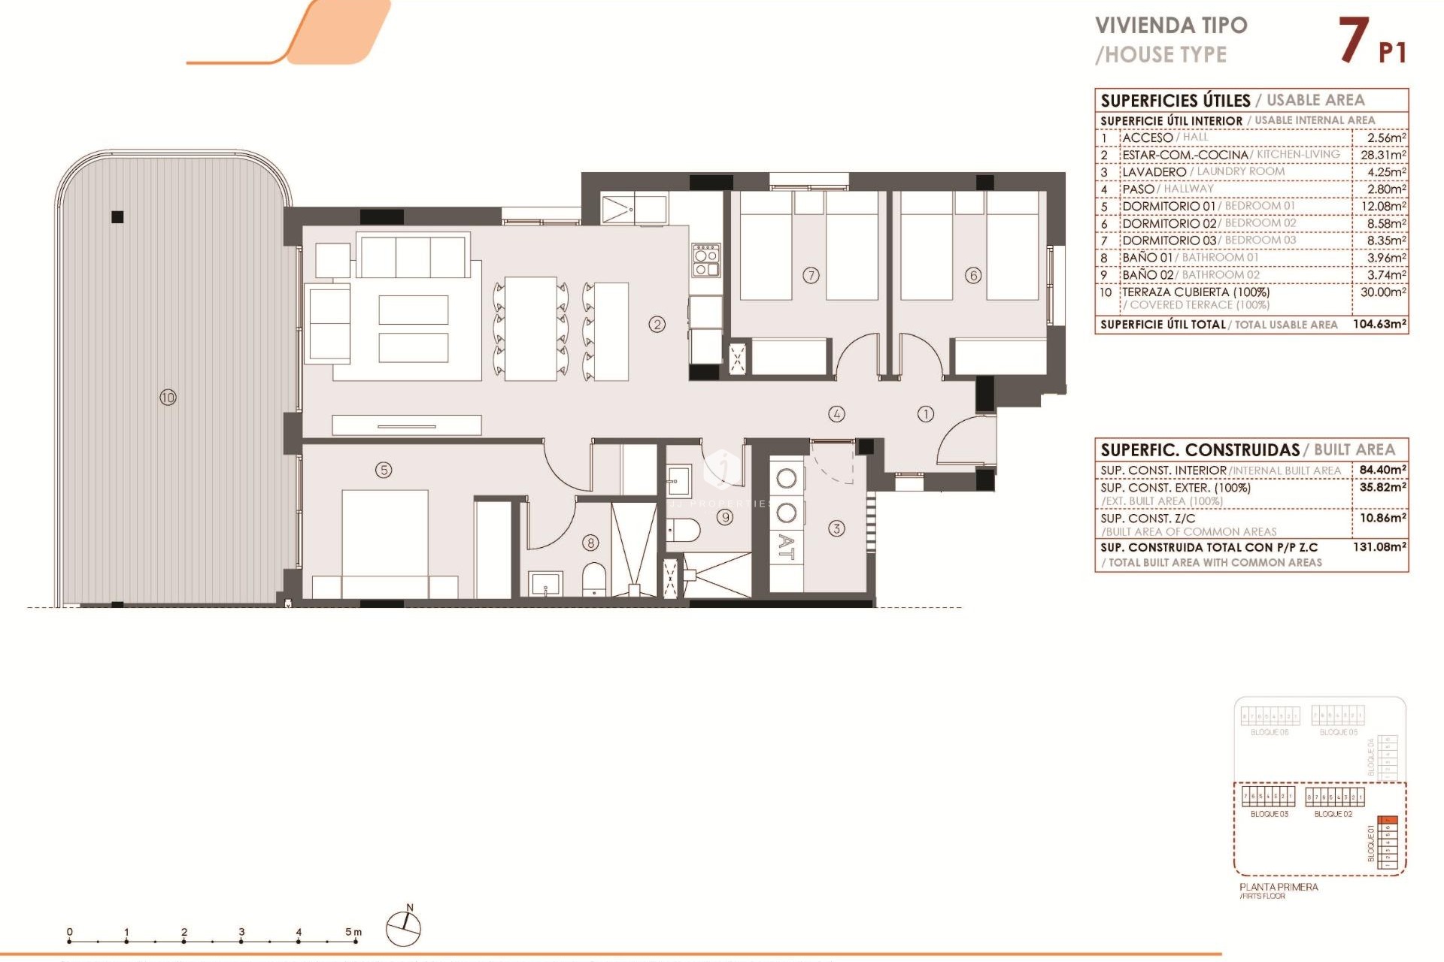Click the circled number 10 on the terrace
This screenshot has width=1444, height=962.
[168, 397]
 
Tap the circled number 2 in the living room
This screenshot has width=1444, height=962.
[657, 325]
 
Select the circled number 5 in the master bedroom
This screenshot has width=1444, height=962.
[384, 470]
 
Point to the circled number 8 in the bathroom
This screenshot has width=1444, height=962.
[591, 542]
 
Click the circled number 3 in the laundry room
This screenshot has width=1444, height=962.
[836, 528]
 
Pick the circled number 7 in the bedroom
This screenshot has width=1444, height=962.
[811, 275]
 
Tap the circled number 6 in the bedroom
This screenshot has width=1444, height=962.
[973, 275]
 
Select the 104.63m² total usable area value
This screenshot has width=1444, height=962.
[1379, 324]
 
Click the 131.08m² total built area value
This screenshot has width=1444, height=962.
[1379, 547]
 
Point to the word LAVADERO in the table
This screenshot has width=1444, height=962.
[1154, 172]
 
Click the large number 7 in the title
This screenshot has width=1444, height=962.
[1353, 41]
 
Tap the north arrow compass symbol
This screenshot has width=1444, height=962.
[404, 927]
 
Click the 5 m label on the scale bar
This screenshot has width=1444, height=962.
[353, 932]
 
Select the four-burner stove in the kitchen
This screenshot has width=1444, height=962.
[706, 259]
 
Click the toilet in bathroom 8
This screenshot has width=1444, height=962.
[594, 579]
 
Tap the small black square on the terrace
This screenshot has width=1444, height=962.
[117, 217]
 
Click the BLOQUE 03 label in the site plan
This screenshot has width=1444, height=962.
[1269, 814]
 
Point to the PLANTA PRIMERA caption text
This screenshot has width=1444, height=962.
[1279, 887]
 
